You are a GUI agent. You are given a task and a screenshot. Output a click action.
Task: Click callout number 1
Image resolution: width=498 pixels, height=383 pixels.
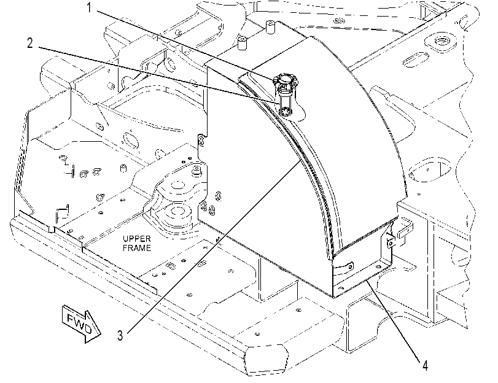click(89, 7)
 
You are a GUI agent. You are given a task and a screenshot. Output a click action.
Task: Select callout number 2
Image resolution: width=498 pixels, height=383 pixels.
click(30, 42)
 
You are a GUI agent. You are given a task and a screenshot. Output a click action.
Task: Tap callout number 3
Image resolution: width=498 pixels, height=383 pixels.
click(120, 335)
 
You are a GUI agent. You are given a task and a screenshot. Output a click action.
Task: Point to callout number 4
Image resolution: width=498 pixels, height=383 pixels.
click(426, 366)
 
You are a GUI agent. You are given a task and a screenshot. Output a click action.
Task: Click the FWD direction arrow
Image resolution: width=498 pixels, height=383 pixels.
click(82, 324)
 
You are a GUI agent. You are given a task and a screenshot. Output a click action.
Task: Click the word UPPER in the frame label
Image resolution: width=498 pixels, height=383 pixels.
click(137, 239)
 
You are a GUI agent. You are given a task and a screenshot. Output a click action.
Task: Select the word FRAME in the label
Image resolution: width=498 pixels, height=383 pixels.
click(137, 248)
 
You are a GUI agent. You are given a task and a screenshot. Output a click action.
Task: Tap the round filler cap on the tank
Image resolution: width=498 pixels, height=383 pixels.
click(284, 79)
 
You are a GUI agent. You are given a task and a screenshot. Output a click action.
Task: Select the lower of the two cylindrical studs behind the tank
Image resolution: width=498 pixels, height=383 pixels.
click(243, 43)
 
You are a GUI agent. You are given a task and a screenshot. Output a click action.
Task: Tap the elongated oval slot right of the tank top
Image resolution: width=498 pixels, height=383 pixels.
click(416, 60)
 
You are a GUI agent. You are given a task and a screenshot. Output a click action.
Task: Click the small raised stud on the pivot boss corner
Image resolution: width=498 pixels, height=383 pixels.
click(197, 170)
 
